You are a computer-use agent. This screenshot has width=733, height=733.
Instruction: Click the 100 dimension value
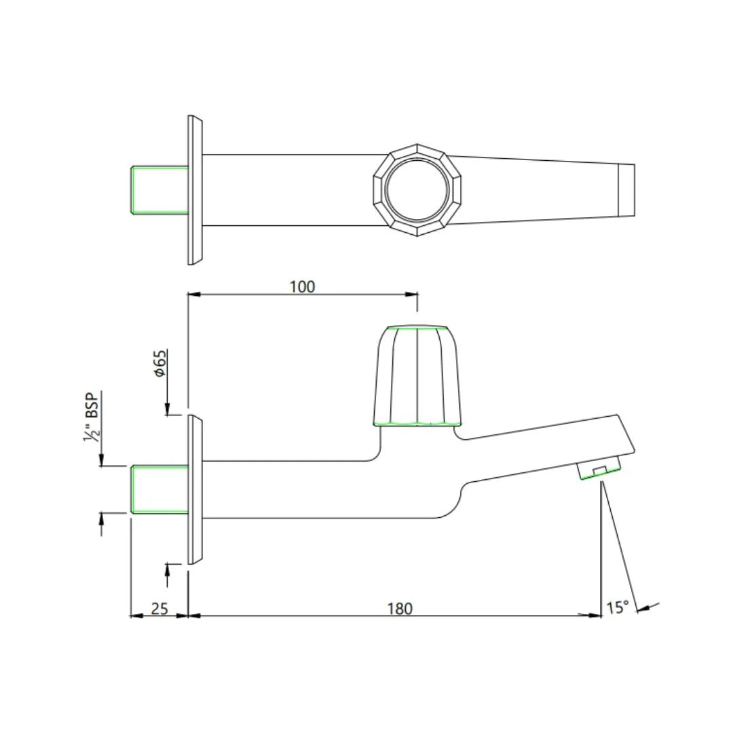(x=302, y=286)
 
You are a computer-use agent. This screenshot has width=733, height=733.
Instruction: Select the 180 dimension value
(x=399, y=608)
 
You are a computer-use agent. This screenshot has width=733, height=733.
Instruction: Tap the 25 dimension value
(x=159, y=608)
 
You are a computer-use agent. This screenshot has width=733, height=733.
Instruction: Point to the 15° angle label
(x=617, y=607)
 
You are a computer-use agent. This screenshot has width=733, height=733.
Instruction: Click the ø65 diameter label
(x=159, y=364)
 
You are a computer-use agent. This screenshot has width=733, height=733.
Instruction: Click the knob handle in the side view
(x=416, y=377)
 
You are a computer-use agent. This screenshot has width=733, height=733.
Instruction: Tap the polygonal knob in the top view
(x=416, y=190)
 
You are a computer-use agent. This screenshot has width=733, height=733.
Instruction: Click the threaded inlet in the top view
(x=159, y=190)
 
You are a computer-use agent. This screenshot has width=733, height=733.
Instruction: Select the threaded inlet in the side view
(x=159, y=489)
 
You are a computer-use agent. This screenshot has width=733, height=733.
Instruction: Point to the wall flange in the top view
(x=195, y=190)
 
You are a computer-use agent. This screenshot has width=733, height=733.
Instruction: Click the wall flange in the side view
(x=195, y=489)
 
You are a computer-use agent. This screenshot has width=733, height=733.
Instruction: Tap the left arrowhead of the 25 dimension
(x=134, y=616)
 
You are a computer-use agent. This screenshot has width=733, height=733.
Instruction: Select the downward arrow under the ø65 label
(x=167, y=408)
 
